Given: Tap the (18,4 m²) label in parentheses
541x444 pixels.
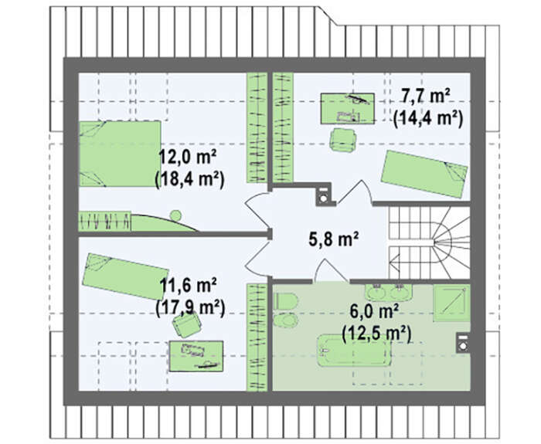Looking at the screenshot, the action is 190,180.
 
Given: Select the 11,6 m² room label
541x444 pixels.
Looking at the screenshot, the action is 189,286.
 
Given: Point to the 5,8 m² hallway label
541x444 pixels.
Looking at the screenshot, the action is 334,239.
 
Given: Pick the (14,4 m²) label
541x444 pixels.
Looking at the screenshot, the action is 428,119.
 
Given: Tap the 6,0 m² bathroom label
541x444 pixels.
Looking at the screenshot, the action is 374,312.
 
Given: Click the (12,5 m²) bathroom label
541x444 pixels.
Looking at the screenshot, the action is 376,334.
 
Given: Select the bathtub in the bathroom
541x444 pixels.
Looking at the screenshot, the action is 354,351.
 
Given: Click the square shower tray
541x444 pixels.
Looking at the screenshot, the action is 451,303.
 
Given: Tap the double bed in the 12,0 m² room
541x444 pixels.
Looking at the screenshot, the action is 120,154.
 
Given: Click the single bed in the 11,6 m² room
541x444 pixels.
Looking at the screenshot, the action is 125,276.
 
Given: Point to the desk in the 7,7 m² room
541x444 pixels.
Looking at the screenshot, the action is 348,108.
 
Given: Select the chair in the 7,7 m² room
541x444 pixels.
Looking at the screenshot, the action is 343,139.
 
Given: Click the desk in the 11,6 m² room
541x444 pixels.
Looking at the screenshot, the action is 196,357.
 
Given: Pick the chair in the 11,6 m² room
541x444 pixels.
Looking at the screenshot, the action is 187,325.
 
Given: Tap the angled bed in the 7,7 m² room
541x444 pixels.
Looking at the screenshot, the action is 424,174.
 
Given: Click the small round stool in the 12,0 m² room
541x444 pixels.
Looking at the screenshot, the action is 175,215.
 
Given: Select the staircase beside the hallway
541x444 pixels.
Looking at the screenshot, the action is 430,242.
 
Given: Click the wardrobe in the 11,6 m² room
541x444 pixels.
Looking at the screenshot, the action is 257,337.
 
